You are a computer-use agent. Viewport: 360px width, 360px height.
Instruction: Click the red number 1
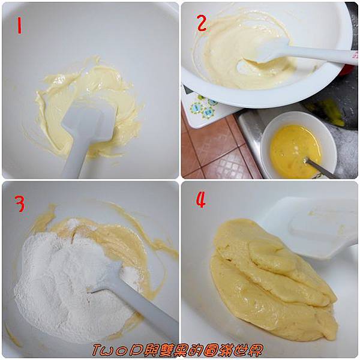click(x=20, y=25)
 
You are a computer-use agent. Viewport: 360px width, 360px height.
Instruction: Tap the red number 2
click(x=202, y=23)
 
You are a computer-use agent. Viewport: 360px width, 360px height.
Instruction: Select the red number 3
click(x=20, y=203)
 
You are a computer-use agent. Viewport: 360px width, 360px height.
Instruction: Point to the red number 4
click(x=200, y=200)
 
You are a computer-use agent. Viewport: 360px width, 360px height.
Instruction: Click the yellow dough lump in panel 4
click(x=273, y=280)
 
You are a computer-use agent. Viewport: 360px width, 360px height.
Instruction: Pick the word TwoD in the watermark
click(x=115, y=349)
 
